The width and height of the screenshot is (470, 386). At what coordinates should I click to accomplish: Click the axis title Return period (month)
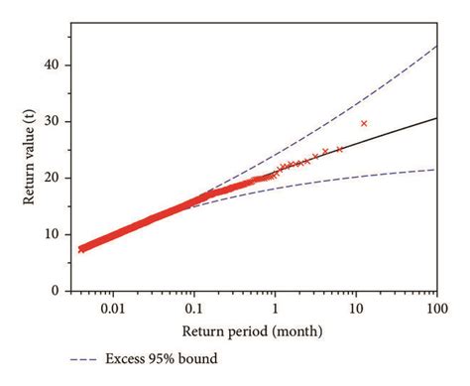(x=254, y=328)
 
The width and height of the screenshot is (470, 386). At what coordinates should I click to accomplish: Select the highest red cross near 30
(x=364, y=123)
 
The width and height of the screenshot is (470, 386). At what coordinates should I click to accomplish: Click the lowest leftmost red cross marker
(x=81, y=249)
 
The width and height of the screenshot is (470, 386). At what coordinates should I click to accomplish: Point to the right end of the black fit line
(x=436, y=118)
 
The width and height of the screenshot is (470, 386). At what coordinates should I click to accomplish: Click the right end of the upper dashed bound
(x=436, y=46)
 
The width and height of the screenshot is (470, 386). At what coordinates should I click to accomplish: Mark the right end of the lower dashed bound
(x=436, y=170)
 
